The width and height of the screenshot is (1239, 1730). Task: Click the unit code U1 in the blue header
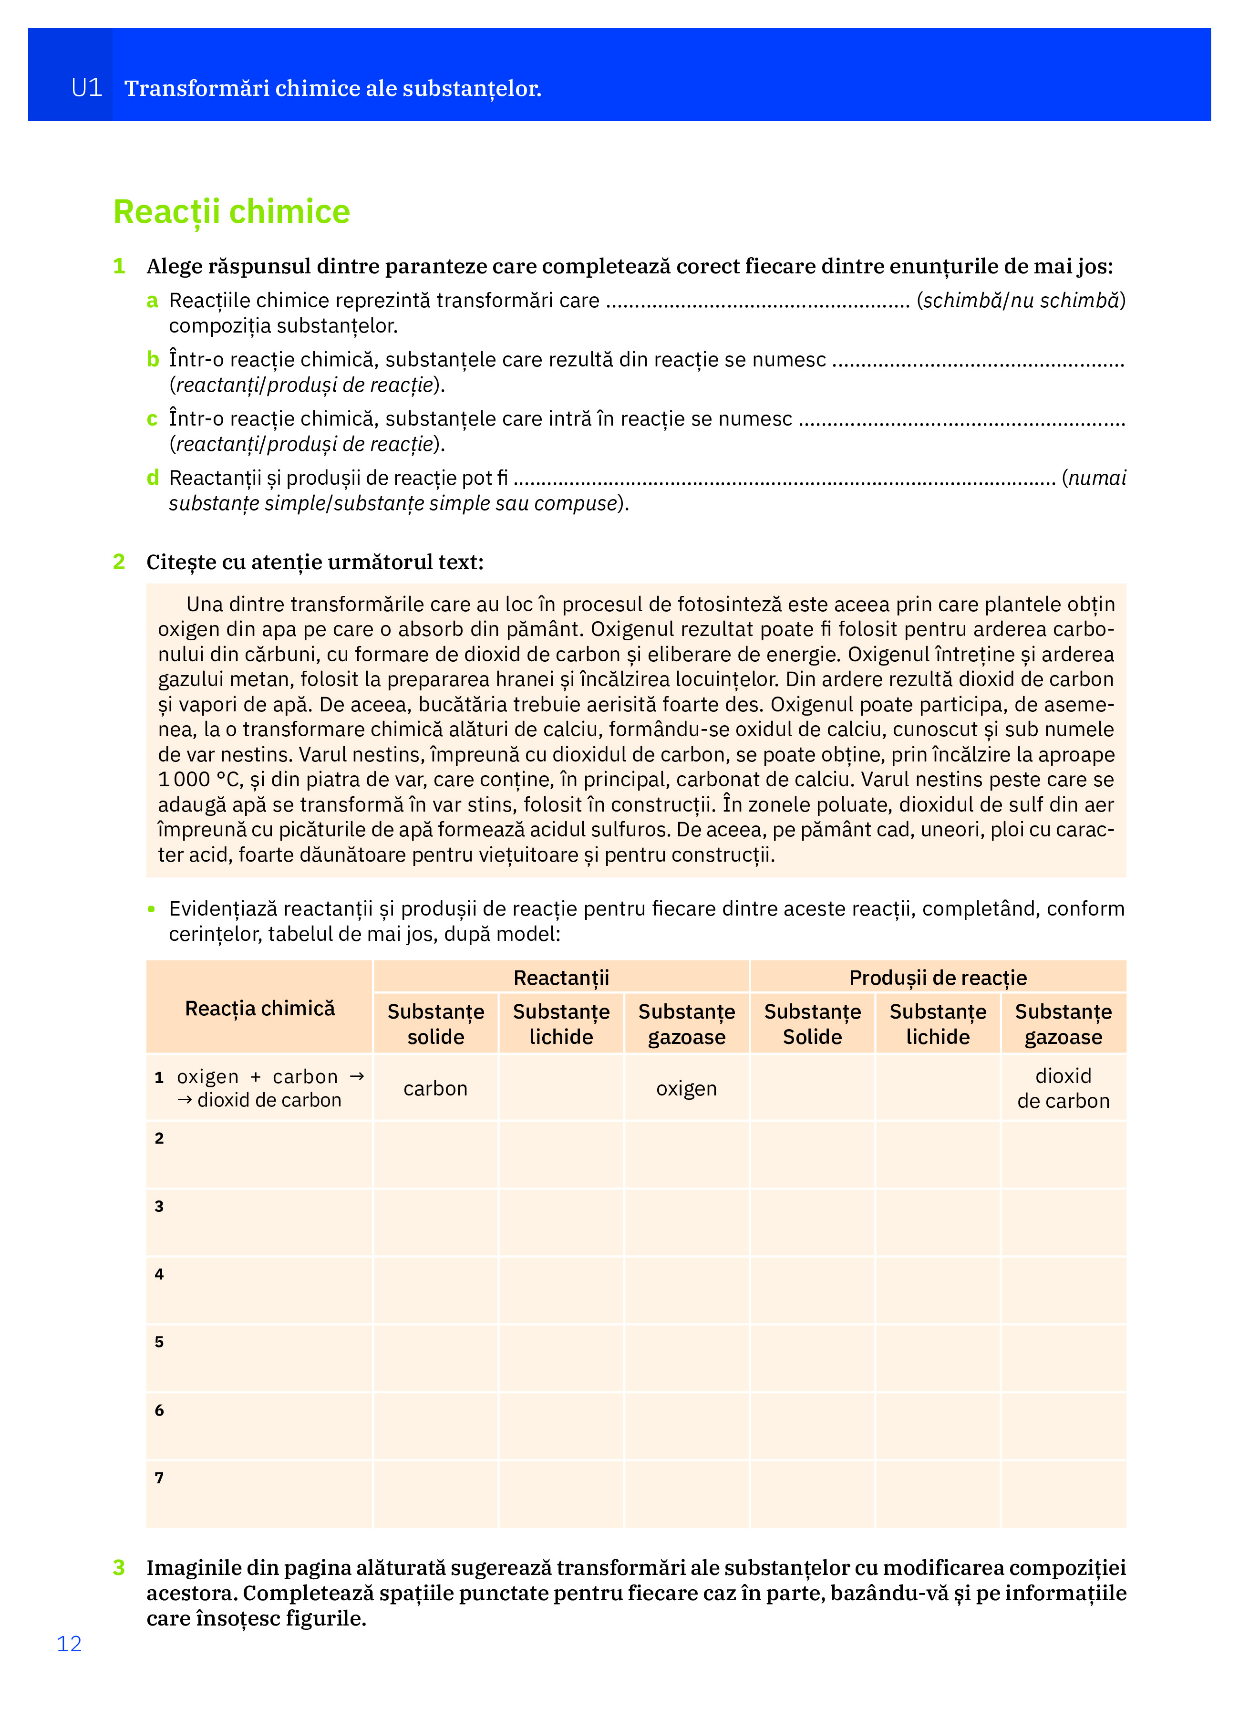point(86,88)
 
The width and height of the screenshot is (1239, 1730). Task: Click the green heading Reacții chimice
point(231,211)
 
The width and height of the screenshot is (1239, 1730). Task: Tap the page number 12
point(69,1644)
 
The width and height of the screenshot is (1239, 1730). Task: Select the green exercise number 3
point(119,1567)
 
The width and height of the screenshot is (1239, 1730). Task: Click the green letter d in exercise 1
point(153,478)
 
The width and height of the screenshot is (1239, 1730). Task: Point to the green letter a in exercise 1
point(153,301)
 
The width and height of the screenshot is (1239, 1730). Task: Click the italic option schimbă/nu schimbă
point(1021,301)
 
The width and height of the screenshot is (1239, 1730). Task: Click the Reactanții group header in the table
point(561,977)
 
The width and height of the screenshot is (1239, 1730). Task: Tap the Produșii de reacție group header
point(938,977)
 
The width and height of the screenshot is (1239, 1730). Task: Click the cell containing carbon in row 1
point(435,1088)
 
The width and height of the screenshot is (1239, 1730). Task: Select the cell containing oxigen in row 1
point(686,1088)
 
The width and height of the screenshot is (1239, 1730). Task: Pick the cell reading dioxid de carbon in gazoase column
point(1063,1088)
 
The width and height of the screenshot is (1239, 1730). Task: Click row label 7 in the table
point(159,1478)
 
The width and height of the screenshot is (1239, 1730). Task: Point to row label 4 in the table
point(159,1274)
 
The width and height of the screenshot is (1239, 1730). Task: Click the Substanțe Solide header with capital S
point(812,1024)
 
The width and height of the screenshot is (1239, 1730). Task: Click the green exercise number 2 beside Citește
point(119,562)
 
